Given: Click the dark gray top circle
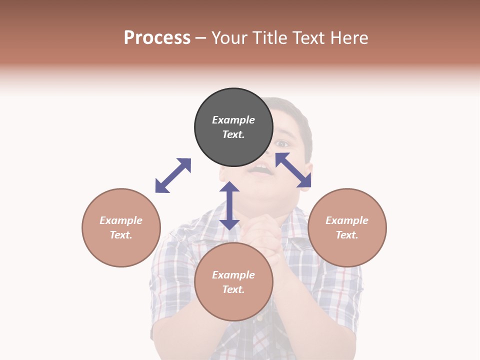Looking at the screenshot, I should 233,127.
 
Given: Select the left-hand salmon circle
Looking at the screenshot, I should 121,227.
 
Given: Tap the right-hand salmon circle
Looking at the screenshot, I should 347,227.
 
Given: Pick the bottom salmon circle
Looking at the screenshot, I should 233,282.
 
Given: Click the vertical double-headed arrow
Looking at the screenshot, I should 229,205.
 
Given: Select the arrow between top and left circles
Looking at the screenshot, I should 173,175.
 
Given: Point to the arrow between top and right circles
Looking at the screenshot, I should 293,170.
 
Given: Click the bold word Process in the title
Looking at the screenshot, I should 157,37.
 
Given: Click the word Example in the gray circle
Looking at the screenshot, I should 233,120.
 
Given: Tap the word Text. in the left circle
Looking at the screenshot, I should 121,235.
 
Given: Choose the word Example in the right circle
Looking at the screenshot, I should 347,220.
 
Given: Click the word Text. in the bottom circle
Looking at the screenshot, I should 233,289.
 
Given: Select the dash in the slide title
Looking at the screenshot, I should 201,38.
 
